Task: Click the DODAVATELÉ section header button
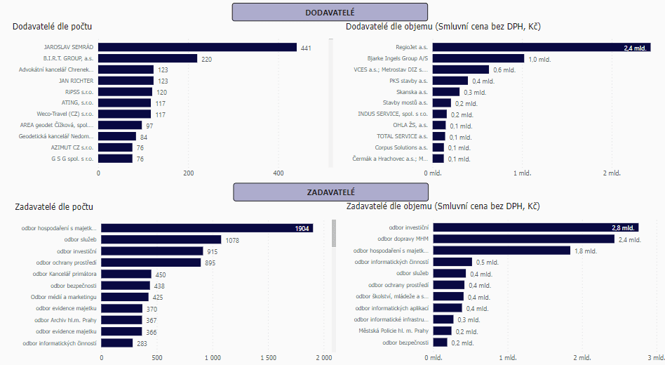tap(330, 13)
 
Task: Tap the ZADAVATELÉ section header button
tap(330, 192)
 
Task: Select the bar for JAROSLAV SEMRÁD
tap(197, 48)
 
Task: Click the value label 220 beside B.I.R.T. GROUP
tap(206, 59)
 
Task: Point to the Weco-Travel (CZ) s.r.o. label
tap(65, 114)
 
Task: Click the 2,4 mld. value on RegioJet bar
tap(634, 48)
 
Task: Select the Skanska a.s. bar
tap(446, 92)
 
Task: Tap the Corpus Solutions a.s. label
tap(401, 147)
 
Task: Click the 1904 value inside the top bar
tap(302, 228)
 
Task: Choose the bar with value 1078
tap(161, 240)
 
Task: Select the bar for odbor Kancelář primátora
tap(126, 274)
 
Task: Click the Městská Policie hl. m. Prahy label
tap(394, 331)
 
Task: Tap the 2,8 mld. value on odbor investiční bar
tap(622, 228)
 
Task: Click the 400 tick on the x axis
tap(278, 173)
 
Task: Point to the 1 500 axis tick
tap(267, 357)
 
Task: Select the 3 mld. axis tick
tap(655, 357)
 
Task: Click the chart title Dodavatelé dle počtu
tap(53, 27)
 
